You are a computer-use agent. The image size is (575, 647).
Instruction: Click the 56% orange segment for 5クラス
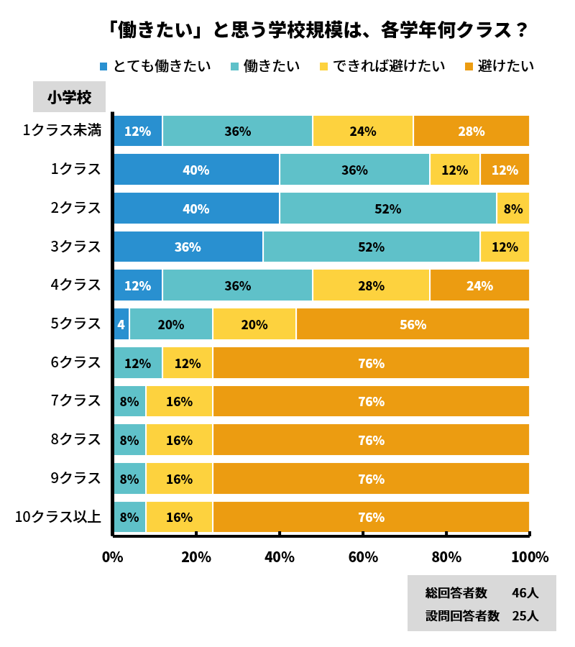pyautogui.click(x=413, y=324)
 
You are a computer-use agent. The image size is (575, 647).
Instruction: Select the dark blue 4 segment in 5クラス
pyautogui.click(x=121, y=324)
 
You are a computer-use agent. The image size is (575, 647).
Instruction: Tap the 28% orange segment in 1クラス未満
pyautogui.click(x=471, y=132)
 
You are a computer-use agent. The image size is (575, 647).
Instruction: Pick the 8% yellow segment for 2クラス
pyautogui.click(x=513, y=208)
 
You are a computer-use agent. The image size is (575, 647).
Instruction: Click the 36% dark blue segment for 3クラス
pyautogui.click(x=188, y=247)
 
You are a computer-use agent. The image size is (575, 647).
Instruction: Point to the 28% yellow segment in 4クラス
pyautogui.click(x=371, y=285)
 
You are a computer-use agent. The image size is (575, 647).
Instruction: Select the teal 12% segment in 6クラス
pyautogui.click(x=137, y=363)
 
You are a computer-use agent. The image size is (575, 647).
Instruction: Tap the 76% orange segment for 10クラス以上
pyautogui.click(x=371, y=518)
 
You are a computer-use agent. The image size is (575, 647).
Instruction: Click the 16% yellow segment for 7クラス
pyautogui.click(x=179, y=402)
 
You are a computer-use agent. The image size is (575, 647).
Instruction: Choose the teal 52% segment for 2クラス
pyautogui.click(x=388, y=208)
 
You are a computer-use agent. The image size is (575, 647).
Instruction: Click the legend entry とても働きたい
pyautogui.click(x=155, y=66)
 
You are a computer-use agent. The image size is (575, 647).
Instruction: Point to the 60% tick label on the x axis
pyautogui.click(x=363, y=557)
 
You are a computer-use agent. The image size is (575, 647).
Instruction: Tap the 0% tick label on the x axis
pyautogui.click(x=113, y=557)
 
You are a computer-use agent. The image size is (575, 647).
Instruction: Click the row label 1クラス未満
pyautogui.click(x=62, y=131)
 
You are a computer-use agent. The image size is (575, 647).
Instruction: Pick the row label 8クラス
pyautogui.click(x=75, y=440)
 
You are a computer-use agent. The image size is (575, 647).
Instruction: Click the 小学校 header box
pyautogui.click(x=69, y=97)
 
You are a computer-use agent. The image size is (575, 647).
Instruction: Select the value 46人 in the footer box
pyautogui.click(x=525, y=593)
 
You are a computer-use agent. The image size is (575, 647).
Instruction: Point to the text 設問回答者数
pyautogui.click(x=462, y=615)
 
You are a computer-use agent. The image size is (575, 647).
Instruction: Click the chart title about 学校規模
pyautogui.click(x=316, y=30)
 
